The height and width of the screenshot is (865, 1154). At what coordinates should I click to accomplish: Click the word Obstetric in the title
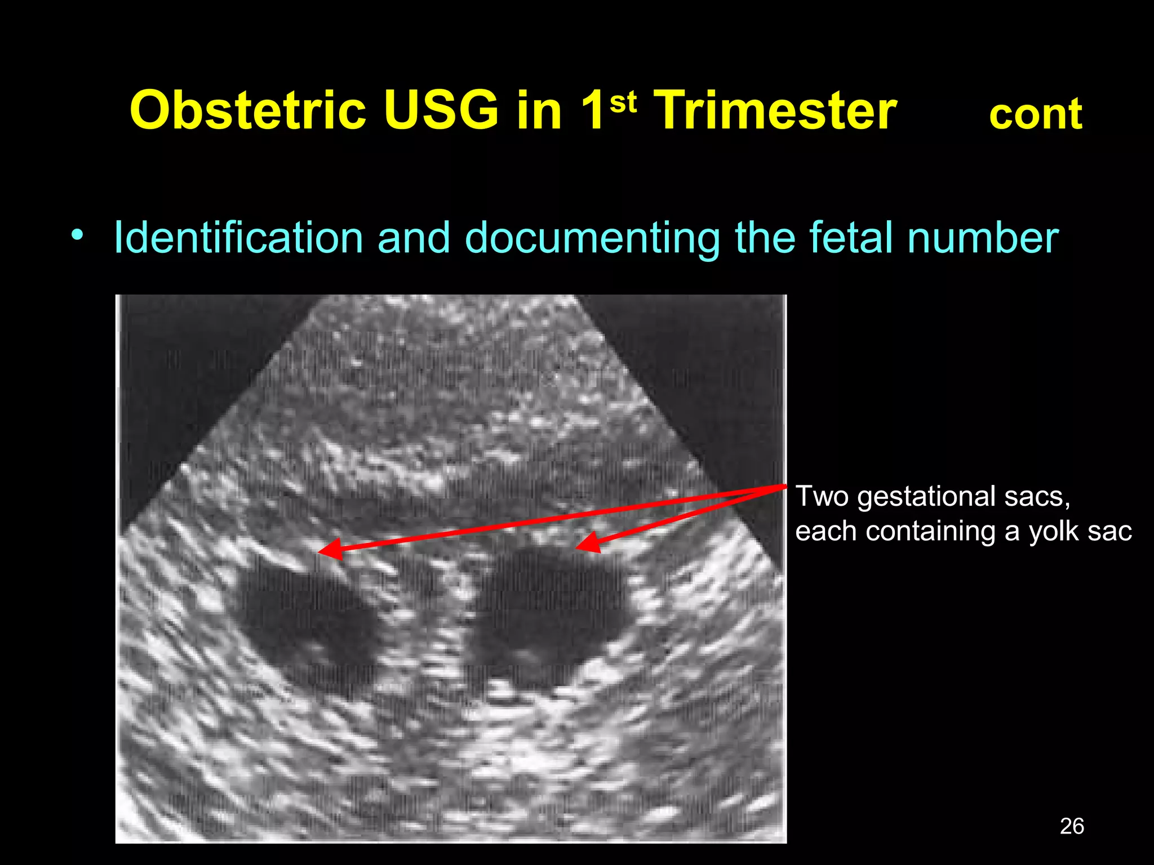(x=248, y=111)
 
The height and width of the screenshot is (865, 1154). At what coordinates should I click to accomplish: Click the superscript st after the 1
(x=623, y=102)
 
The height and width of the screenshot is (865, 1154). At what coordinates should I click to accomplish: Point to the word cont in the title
(x=1035, y=115)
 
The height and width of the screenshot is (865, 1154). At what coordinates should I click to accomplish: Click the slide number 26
(x=1072, y=826)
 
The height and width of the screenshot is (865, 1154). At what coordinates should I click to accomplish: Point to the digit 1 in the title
(x=592, y=111)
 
